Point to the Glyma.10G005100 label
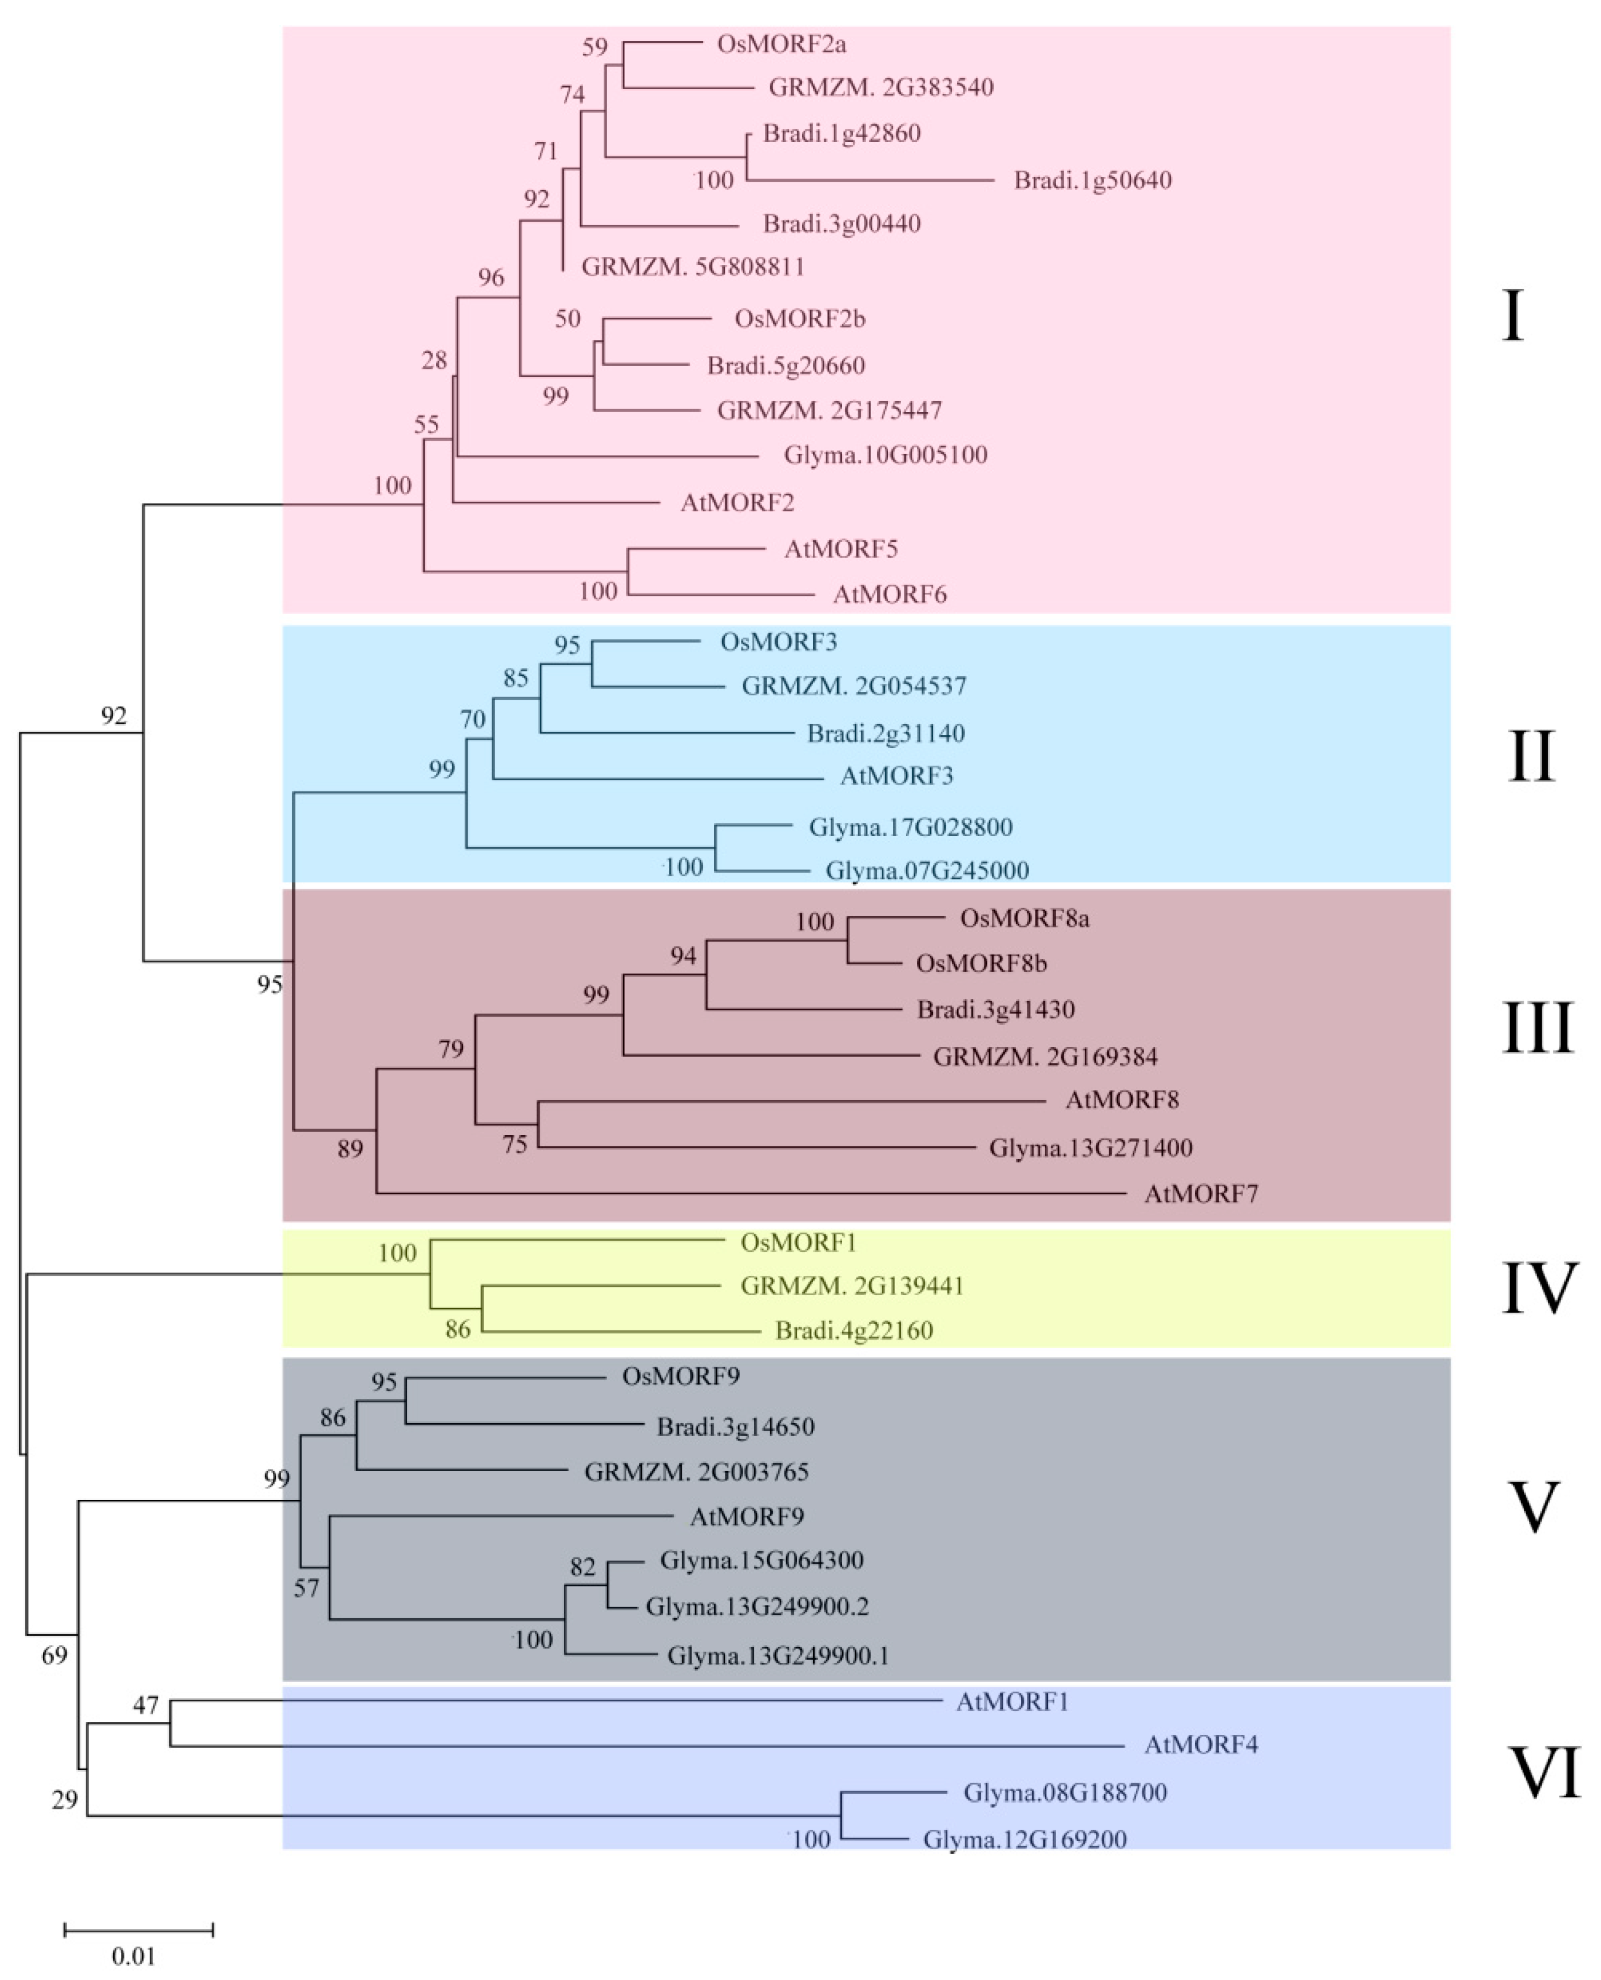point(885,456)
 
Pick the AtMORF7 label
point(1201,1195)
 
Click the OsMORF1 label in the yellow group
point(798,1244)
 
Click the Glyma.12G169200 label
point(1024,1841)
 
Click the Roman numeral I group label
point(1512,316)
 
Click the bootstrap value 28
point(434,361)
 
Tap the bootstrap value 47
point(145,1705)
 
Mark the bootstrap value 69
point(55,1656)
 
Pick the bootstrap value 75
point(514,1145)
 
